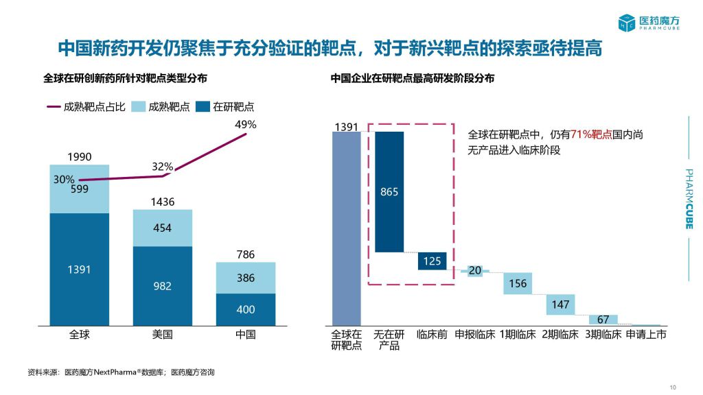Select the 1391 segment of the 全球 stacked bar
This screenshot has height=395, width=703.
click(79, 269)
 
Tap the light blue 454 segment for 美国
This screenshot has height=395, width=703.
click(162, 228)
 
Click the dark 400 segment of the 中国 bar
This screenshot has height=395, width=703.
click(245, 309)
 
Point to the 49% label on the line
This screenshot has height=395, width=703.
click(245, 125)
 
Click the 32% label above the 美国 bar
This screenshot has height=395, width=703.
click(162, 167)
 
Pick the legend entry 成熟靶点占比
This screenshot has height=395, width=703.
click(85, 106)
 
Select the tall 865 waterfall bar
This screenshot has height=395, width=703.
click(389, 191)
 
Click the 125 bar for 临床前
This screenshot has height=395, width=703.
click(432, 261)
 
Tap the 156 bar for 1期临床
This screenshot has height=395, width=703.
click(518, 283)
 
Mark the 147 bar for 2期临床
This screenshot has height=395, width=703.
click(560, 304)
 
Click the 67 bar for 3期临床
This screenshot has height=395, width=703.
click(603, 320)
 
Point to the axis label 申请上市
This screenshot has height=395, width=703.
click(646, 335)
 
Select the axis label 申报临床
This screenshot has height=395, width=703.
click(474, 335)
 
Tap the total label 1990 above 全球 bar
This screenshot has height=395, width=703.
click(79, 156)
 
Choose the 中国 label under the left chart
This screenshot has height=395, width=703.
click(245, 335)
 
